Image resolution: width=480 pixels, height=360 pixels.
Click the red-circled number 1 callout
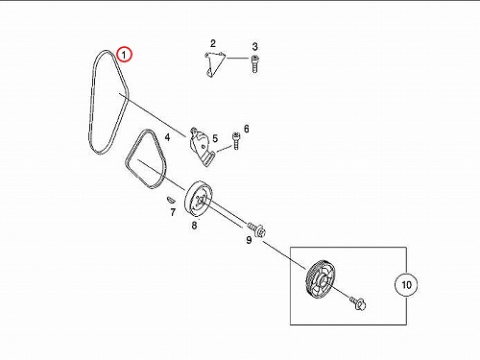coord(124,55)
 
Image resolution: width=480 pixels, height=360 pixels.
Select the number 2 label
coord(213,43)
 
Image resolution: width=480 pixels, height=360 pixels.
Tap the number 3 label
coord(254,47)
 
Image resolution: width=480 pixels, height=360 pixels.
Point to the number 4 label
coord(167,137)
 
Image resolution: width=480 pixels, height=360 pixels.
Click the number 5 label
coord(215,139)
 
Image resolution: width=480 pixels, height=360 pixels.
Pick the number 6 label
coord(246,129)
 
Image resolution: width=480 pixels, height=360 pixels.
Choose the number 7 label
coord(173,212)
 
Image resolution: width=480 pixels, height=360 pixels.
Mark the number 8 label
coord(194,226)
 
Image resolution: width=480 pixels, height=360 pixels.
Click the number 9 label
coord(249,240)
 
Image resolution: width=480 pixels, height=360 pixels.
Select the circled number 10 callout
coord(406,284)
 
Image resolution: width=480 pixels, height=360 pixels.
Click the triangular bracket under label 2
coord(214,64)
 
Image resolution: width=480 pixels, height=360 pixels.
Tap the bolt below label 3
coord(254,64)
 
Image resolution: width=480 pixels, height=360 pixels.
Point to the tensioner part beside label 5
coord(201,147)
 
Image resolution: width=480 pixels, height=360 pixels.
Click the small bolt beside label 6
coord(235,141)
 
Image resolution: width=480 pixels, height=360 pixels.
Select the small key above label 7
coord(170,200)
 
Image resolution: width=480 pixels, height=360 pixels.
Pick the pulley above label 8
coord(198,200)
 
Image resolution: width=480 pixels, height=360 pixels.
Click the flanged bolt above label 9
coord(257,229)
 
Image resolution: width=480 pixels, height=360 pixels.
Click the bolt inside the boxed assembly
coord(358,303)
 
